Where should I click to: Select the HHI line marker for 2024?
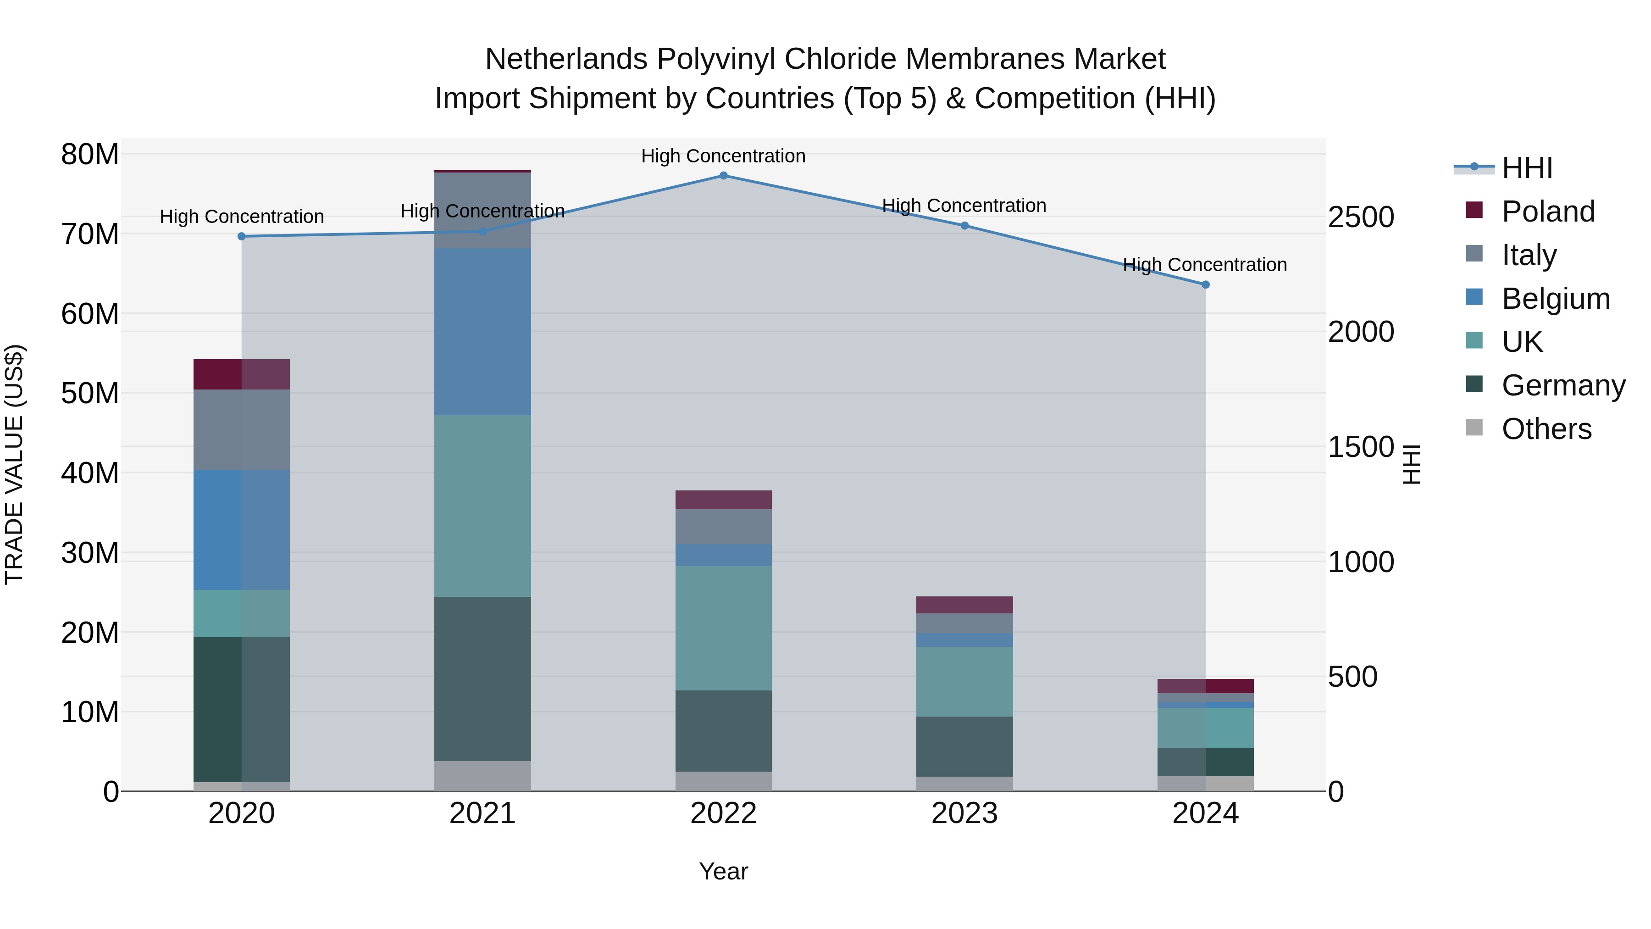(x=1206, y=284)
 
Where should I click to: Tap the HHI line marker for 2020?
(x=242, y=237)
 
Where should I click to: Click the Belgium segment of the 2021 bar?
(x=482, y=332)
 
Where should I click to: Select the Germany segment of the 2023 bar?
(x=964, y=746)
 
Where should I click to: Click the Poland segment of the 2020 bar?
(x=242, y=374)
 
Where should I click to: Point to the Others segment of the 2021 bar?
(x=482, y=776)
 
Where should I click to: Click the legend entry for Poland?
(x=1547, y=211)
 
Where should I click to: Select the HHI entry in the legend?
(x=1527, y=168)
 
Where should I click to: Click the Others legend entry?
(x=1546, y=429)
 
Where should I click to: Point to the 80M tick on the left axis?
(x=90, y=155)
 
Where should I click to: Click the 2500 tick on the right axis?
(x=1360, y=217)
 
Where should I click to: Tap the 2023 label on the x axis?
(x=964, y=813)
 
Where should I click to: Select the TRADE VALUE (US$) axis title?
(x=14, y=464)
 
